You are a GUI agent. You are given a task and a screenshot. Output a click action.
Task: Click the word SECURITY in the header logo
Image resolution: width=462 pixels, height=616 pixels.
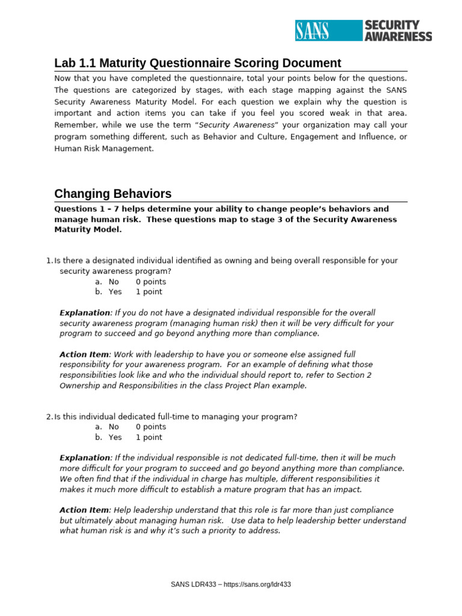coord(392,25)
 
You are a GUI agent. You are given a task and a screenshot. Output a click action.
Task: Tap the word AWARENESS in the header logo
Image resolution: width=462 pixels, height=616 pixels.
coord(398,36)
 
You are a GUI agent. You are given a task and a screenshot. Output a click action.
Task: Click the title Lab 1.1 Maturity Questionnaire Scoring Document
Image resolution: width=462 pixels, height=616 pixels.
coord(197,63)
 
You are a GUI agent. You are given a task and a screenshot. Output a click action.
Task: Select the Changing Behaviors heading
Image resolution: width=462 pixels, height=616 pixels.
coord(112,194)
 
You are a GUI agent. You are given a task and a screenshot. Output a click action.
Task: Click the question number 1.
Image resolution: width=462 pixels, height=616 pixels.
coord(49,260)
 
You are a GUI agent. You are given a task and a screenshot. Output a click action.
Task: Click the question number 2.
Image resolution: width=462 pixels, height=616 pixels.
coord(49,417)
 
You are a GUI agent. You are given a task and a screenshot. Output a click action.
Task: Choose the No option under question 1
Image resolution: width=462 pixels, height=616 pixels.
coord(114,282)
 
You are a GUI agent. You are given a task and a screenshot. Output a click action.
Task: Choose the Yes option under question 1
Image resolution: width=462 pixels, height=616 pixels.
coord(115,292)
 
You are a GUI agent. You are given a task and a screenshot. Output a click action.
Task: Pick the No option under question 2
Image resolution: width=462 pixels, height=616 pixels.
coord(114,427)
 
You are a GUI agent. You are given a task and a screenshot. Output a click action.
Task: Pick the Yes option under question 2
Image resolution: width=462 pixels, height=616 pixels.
coord(115,437)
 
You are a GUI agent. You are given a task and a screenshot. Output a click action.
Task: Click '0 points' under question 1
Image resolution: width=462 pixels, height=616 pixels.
coord(151,282)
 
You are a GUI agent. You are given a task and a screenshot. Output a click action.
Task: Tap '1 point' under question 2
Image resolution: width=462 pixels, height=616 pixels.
coord(149,437)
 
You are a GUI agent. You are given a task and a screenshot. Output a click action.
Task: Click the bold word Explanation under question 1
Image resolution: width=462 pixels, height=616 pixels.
coord(85,313)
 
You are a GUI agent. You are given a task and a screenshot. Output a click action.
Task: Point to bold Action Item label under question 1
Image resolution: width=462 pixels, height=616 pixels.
coord(84,354)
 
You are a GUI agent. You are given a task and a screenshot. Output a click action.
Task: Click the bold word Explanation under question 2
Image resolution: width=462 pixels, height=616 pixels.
coord(85,458)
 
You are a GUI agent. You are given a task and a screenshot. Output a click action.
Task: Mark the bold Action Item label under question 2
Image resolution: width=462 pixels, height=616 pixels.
coord(84,510)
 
